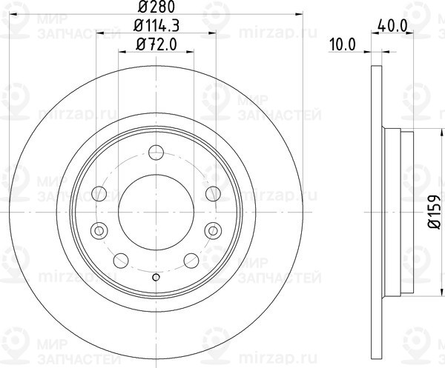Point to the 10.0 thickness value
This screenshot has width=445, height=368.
coord(341,44)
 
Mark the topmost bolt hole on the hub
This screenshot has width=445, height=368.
coord(156,153)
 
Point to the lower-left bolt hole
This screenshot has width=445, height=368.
coord(121,259)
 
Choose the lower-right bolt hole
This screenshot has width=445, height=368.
coord(191,259)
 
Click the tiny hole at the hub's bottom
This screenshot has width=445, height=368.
coord(156,278)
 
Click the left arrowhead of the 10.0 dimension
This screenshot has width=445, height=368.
coord(367,51)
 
